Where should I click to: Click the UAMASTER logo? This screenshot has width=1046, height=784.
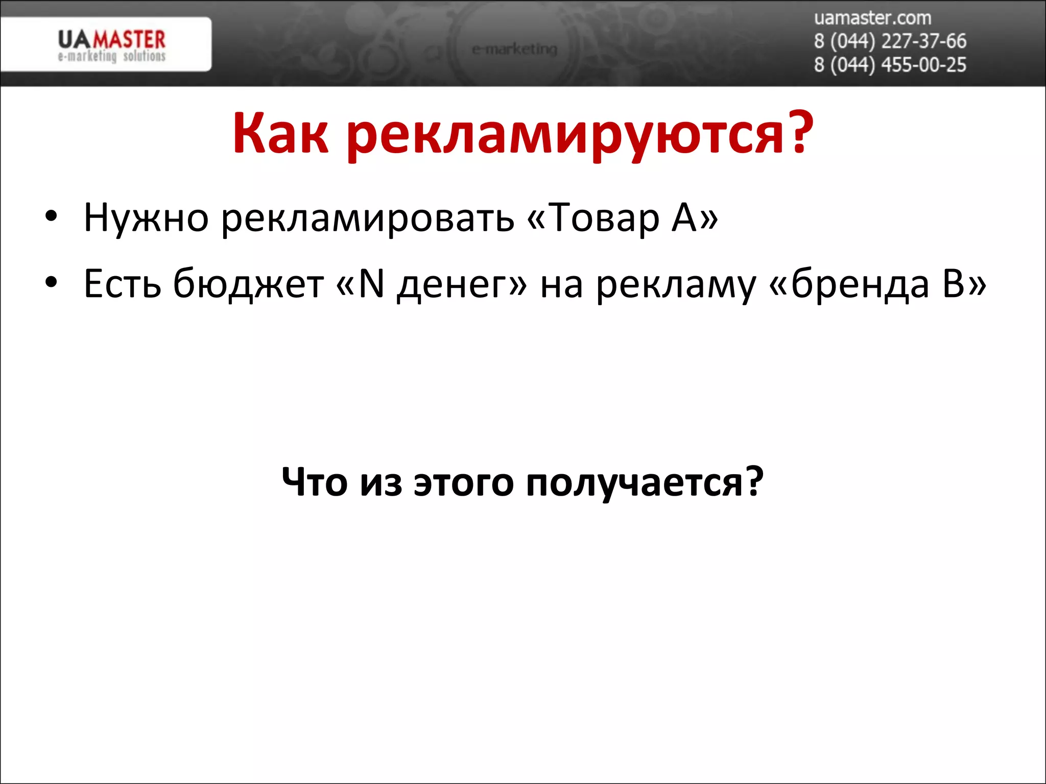click(111, 45)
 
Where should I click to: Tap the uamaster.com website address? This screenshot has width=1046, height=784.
click(872, 18)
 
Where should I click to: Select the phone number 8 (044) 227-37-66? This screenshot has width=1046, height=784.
click(890, 41)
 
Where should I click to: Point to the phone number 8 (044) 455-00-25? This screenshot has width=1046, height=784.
click(890, 65)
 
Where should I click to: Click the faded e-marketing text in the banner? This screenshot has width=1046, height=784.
click(514, 50)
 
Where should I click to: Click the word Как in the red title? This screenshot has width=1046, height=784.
click(280, 134)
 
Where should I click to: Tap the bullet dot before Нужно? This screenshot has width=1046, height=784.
click(51, 216)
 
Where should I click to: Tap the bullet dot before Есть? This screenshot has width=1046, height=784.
click(51, 282)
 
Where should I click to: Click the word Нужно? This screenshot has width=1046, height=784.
click(146, 218)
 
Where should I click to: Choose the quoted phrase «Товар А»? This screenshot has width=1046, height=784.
click(622, 218)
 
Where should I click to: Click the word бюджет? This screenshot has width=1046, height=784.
click(248, 284)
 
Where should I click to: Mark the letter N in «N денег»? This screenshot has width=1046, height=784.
click(371, 284)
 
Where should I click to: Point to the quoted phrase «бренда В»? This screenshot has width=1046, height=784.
click(877, 284)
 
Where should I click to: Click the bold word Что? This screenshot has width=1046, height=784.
click(315, 482)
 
